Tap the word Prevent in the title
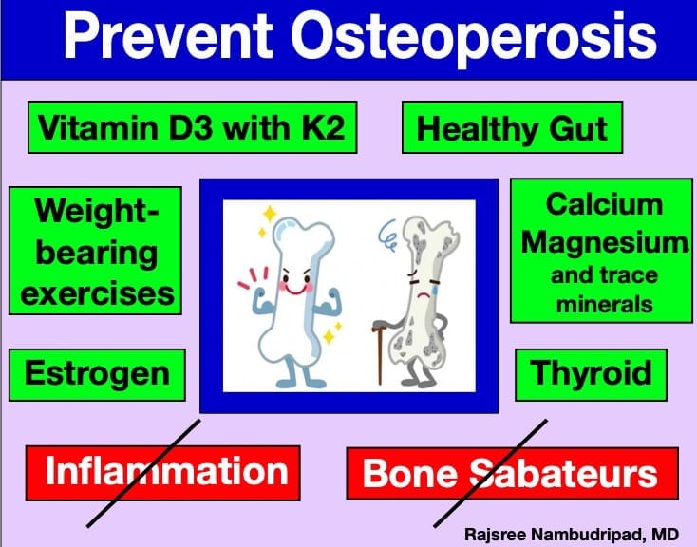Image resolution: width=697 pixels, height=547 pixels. point(168,35)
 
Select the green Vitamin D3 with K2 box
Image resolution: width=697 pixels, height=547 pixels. point(193,127)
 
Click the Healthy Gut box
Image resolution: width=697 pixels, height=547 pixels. point(512,127)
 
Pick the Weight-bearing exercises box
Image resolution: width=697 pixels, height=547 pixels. point(95,251)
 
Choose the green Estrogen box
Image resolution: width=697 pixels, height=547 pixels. point(97,375)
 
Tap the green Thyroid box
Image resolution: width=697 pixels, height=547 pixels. point(591,375)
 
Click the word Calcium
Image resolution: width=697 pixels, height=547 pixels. point(604,205)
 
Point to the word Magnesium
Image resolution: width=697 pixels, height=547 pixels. point(605,243)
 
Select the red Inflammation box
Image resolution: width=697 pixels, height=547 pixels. point(162,473)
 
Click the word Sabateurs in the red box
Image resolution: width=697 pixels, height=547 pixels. point(564,474)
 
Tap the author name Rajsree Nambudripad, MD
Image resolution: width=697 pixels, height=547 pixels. point(572,534)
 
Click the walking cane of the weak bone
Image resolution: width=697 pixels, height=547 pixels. point(379,351)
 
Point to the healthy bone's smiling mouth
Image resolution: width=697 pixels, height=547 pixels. point(296,290)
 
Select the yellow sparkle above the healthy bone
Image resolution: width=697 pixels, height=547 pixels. point(270,214)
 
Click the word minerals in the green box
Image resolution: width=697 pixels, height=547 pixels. point(605,305)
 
